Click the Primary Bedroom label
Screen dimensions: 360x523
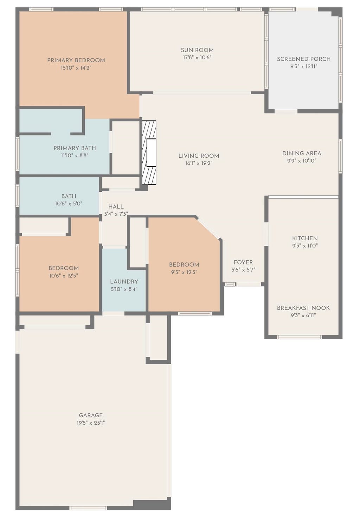(76, 60)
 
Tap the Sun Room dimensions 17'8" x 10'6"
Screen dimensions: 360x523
(197, 58)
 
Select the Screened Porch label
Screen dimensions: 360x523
(304, 59)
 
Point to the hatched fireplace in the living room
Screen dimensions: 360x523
(149, 153)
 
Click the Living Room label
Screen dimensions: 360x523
(199, 156)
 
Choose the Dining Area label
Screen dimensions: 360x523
(302, 153)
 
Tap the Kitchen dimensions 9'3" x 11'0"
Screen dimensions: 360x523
(305, 246)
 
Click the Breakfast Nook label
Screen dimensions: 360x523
(303, 308)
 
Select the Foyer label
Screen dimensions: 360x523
(243, 262)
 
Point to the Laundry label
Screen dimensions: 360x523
(124, 282)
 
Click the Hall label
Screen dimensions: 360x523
(116, 207)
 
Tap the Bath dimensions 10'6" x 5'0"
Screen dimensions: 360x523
(69, 204)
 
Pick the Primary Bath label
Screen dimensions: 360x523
(75, 148)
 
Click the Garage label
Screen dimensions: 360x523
(91, 416)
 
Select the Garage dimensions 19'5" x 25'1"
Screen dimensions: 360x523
(91, 423)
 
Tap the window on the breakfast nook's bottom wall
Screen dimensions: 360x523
(299, 337)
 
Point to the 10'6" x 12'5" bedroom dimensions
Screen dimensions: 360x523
(63, 275)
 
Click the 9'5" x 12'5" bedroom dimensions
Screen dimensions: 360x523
(184, 272)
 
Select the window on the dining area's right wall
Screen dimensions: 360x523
(340, 156)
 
